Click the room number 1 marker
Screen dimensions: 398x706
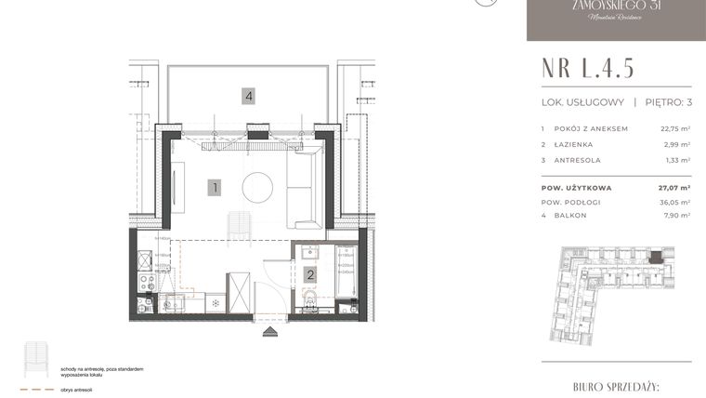pyautogui.click(x=215, y=187)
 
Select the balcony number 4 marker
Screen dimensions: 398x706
pyautogui.click(x=248, y=95)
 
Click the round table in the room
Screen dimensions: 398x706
pyautogui.click(x=258, y=186)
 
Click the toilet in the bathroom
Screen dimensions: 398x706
pyautogui.click(x=311, y=299)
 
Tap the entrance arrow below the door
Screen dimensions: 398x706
pyautogui.click(x=270, y=329)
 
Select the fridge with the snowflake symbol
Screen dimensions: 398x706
pyautogui.click(x=215, y=302)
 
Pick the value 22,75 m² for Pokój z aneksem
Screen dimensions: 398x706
pyautogui.click(x=675, y=128)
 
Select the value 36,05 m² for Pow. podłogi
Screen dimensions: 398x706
pyautogui.click(x=675, y=202)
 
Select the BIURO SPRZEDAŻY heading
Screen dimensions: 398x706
pyautogui.click(x=617, y=384)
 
